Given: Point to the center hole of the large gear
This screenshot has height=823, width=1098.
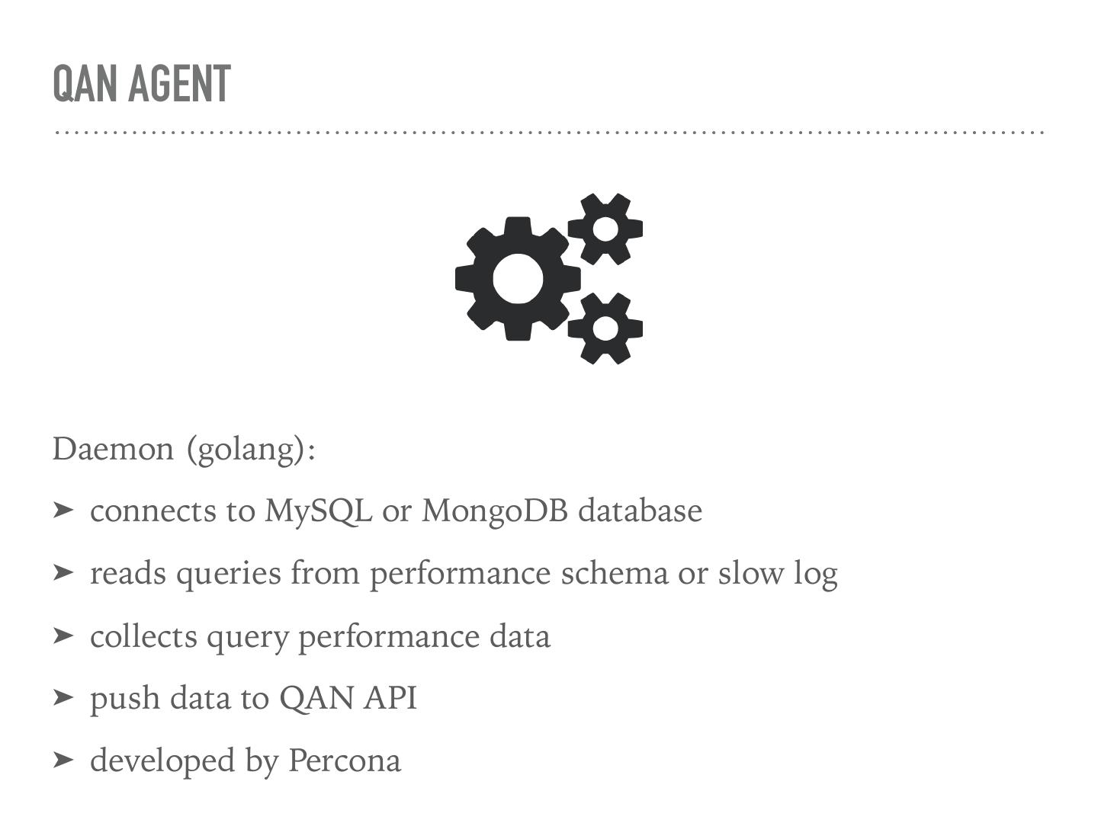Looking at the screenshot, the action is [x=518, y=279].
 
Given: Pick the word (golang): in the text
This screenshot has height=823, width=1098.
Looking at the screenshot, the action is [x=251, y=450].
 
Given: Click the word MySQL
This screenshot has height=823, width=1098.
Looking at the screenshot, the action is [x=318, y=511].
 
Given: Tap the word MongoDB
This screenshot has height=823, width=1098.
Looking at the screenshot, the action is [x=495, y=511].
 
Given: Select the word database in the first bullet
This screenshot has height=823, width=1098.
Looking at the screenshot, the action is [x=640, y=511].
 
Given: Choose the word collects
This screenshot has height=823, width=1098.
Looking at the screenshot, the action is [x=143, y=636].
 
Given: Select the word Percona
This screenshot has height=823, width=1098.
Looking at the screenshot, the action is [x=344, y=761].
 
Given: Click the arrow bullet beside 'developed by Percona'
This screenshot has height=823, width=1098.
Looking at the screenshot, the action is [x=63, y=760].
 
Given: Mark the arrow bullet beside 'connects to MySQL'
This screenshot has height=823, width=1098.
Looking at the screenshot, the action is [x=63, y=510].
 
